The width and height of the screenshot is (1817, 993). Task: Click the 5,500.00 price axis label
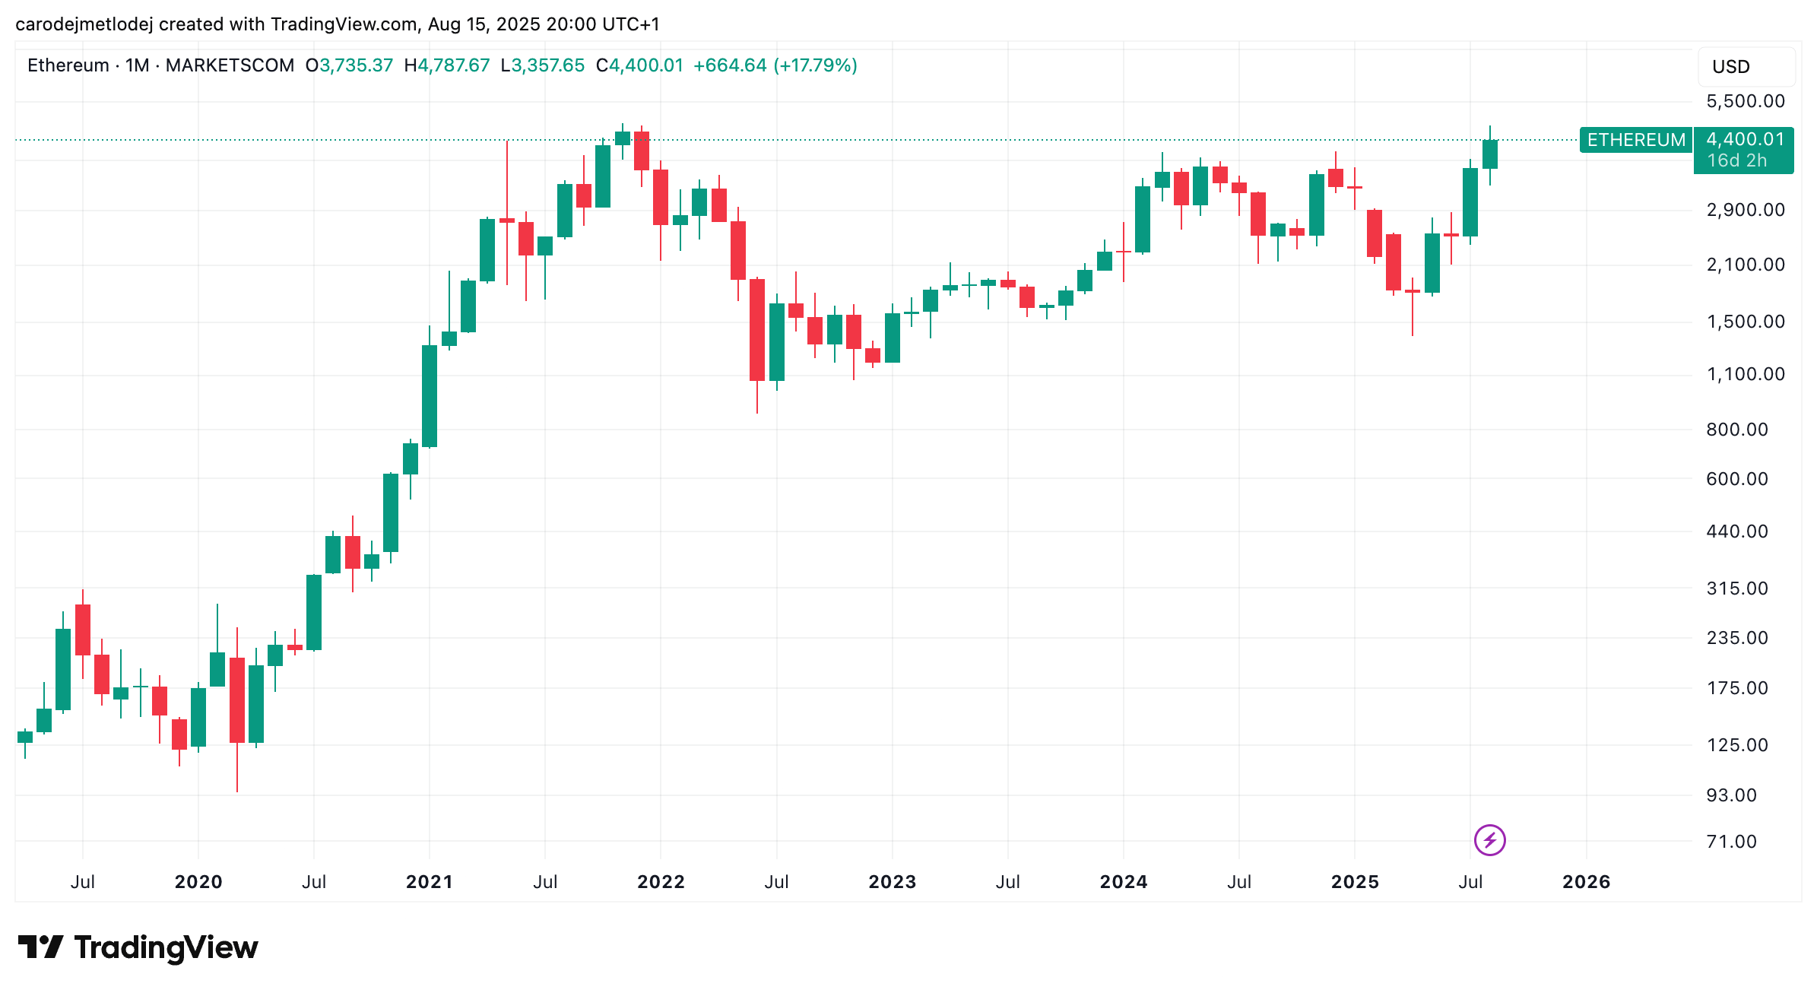[x=1745, y=101]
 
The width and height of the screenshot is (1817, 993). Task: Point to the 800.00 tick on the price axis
[x=1736, y=430]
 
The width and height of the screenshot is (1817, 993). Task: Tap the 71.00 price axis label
[x=1731, y=842]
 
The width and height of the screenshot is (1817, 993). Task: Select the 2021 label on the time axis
[x=429, y=882]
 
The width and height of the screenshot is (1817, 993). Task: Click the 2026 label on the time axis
[x=1586, y=882]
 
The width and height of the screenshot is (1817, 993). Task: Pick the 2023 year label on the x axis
[x=892, y=882]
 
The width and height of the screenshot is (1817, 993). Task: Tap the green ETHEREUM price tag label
[x=1636, y=140]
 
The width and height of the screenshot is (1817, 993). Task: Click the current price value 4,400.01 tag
[x=1745, y=139]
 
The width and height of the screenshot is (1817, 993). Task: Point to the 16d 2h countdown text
[x=1736, y=160]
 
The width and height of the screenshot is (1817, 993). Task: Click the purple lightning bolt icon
[x=1489, y=840]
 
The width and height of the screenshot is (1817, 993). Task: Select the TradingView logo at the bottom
[x=138, y=947]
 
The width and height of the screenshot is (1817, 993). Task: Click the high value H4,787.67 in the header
[x=447, y=65]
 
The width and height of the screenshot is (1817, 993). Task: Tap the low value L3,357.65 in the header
[x=543, y=65]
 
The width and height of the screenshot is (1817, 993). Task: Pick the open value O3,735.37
[x=349, y=65]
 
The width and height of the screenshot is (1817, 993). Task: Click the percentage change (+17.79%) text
[x=815, y=65]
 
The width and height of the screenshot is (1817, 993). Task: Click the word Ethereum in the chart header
[x=68, y=65]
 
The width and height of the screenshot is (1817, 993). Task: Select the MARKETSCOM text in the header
[x=230, y=65]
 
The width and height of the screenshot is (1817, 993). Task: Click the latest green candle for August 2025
[x=1489, y=154]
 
